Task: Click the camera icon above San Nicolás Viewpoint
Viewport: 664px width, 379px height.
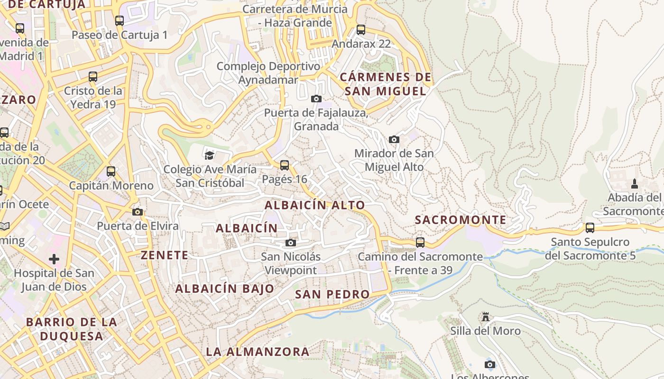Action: pyautogui.click(x=291, y=243)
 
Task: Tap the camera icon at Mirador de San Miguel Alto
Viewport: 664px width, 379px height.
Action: pyautogui.click(x=394, y=139)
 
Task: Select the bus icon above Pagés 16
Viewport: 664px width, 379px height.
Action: pyautogui.click(x=285, y=165)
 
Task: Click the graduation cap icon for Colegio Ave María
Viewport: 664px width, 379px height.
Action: pyautogui.click(x=209, y=155)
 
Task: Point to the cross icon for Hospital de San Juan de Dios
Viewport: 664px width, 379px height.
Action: pyautogui.click(x=54, y=259)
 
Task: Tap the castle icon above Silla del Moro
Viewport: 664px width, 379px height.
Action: pyautogui.click(x=485, y=316)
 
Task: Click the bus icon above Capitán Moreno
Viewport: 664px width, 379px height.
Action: pyautogui.click(x=111, y=171)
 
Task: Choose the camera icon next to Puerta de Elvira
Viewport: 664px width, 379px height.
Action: pyautogui.click(x=138, y=212)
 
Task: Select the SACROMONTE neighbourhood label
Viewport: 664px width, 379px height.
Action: pyautogui.click(x=461, y=220)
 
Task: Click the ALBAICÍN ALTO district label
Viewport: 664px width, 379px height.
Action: pyautogui.click(x=315, y=205)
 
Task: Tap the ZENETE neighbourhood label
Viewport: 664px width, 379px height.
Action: pyautogui.click(x=165, y=255)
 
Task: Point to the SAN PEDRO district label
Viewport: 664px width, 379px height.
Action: pyautogui.click(x=332, y=294)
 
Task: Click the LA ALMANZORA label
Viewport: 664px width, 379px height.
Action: pyautogui.click(x=258, y=352)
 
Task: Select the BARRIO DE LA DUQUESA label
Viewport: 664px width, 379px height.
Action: pyautogui.click(x=71, y=329)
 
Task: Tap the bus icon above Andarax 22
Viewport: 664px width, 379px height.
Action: pyautogui.click(x=361, y=30)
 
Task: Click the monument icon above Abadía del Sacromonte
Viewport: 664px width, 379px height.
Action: pyautogui.click(x=635, y=184)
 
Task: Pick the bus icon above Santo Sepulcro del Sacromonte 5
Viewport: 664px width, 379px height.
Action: pyautogui.click(x=590, y=228)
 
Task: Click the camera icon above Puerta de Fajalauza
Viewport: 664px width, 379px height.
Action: pyautogui.click(x=316, y=99)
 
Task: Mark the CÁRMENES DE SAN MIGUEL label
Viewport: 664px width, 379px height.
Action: pyautogui.click(x=386, y=84)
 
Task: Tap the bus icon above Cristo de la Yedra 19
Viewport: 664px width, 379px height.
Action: pyautogui.click(x=93, y=77)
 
